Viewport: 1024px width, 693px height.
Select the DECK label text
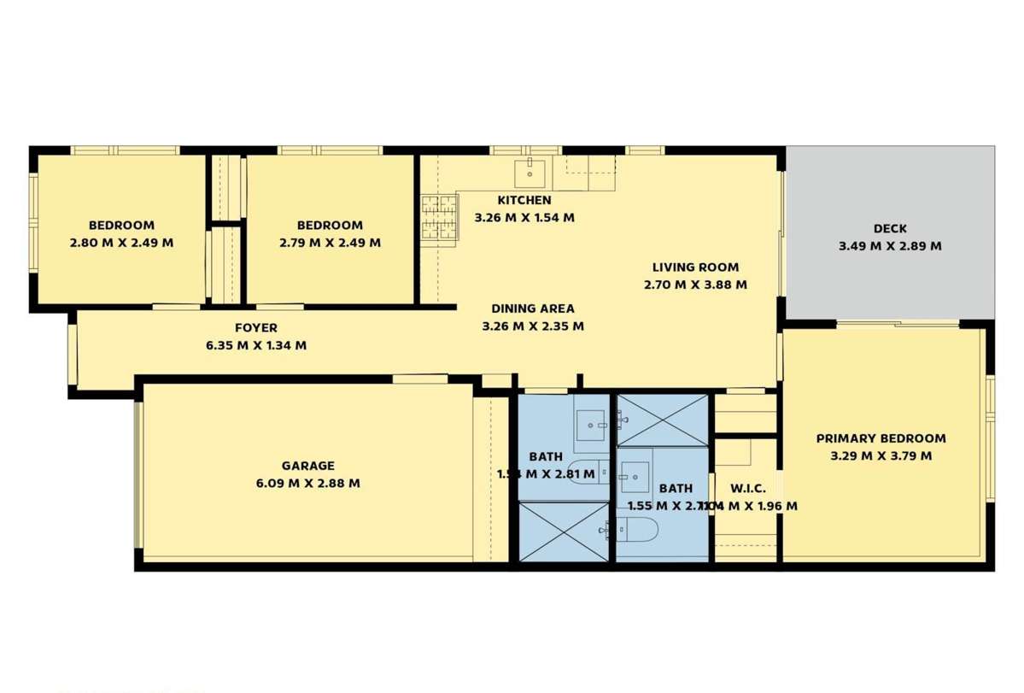(x=890, y=228)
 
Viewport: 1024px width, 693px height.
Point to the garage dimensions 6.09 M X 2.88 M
(x=307, y=483)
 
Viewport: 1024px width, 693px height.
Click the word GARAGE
(x=307, y=466)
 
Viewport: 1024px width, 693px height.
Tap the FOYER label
(x=256, y=327)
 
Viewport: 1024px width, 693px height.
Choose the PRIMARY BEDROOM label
(x=881, y=438)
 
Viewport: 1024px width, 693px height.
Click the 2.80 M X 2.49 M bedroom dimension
(x=121, y=243)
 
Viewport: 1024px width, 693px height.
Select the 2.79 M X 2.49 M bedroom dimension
(x=330, y=243)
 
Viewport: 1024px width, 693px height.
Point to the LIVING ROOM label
(x=695, y=267)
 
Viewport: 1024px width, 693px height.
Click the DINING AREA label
(x=533, y=308)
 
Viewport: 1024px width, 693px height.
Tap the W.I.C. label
(x=747, y=489)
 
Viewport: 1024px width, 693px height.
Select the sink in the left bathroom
(x=591, y=424)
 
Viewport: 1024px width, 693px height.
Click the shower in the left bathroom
(x=564, y=531)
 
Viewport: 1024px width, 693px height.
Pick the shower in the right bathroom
(x=663, y=420)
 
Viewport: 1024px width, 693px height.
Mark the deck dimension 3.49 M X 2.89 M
(x=890, y=246)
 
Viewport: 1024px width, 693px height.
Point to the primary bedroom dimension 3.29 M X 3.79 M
(x=881, y=455)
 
